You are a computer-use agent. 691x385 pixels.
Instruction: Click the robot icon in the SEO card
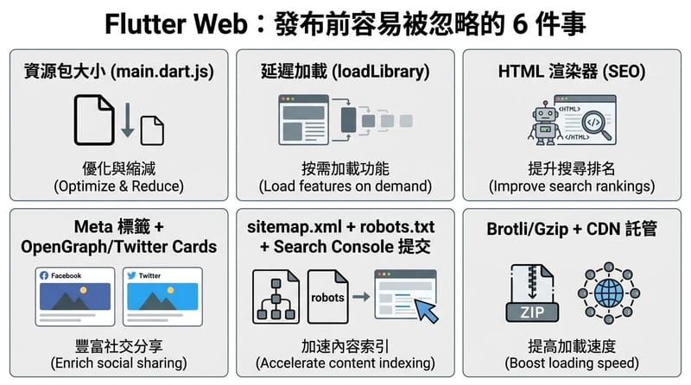click(545, 123)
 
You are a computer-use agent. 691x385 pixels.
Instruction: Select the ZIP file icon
click(532, 293)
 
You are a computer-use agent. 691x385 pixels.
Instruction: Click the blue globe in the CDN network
click(609, 293)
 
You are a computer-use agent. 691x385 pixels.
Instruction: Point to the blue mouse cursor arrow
click(426, 310)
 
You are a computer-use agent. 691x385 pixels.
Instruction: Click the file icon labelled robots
click(327, 296)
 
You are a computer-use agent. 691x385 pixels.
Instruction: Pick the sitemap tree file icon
click(276, 296)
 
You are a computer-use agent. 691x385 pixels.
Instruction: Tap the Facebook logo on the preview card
click(44, 275)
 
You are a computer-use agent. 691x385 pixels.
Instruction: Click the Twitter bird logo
click(131, 275)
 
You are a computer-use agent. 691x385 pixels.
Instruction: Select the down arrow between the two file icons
click(128, 119)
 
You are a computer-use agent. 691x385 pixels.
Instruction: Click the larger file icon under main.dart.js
click(94, 120)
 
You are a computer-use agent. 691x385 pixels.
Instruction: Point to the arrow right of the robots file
click(361, 296)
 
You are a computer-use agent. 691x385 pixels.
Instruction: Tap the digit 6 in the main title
click(520, 24)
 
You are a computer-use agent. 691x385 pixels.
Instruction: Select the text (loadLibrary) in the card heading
click(380, 72)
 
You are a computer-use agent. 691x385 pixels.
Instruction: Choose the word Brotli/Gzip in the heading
click(527, 230)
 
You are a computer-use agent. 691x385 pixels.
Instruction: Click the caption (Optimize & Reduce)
click(118, 186)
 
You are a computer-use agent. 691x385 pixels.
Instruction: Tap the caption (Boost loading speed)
click(572, 363)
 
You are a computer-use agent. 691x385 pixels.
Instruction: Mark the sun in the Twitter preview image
click(170, 290)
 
